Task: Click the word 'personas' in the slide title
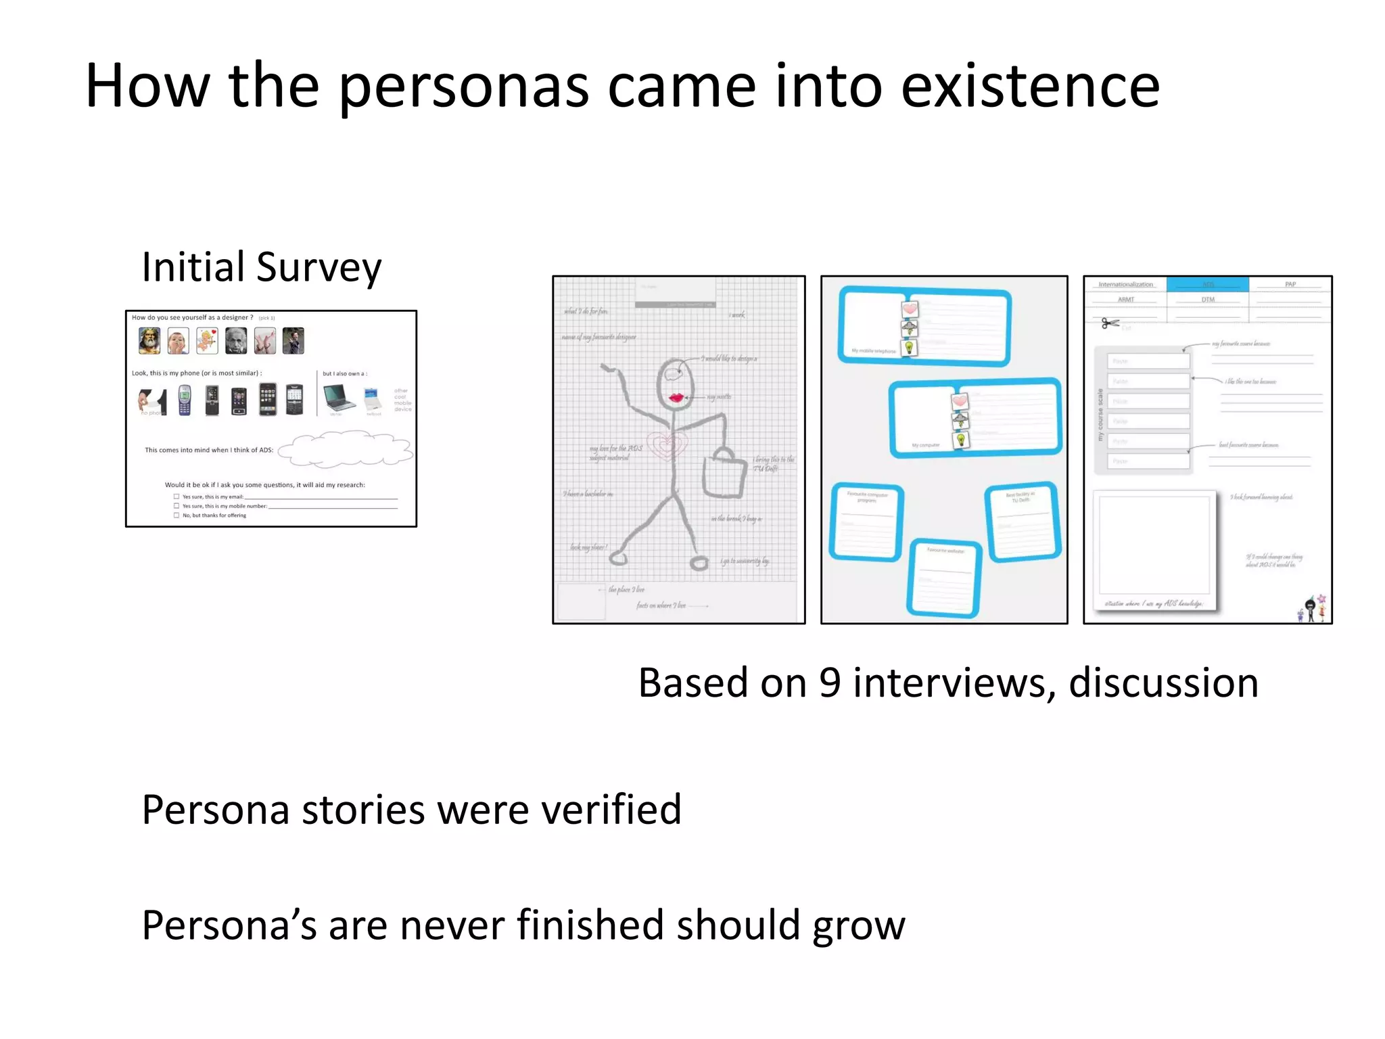tap(463, 87)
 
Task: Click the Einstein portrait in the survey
tap(236, 341)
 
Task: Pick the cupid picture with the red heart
tap(207, 341)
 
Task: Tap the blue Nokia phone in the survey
tap(185, 399)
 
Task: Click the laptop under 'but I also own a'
tap(338, 397)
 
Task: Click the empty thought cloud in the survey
tap(344, 451)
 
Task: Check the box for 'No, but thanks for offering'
tap(177, 515)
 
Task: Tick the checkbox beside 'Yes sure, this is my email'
tap(177, 497)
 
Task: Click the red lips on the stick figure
tap(676, 397)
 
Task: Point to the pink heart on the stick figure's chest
tap(667, 445)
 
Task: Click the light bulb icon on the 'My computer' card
tap(960, 440)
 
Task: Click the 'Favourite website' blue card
tap(945, 578)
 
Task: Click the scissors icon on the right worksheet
tap(1110, 323)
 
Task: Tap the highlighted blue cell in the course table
tap(1207, 284)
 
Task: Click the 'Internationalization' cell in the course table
tap(1125, 284)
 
